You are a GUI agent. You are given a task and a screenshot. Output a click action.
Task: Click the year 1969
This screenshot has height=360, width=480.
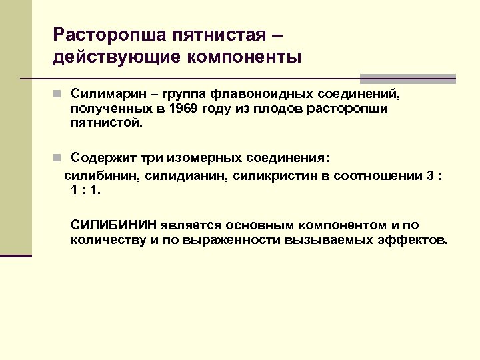182,109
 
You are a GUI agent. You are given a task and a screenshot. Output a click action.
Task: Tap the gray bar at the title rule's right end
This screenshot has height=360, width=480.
407,78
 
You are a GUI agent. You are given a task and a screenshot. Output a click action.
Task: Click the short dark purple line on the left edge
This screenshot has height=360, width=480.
16,255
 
